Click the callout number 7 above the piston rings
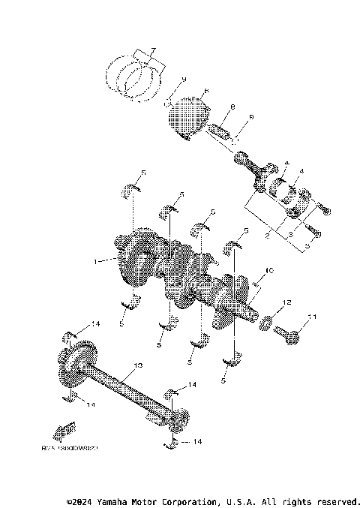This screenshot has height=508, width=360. tap(152, 51)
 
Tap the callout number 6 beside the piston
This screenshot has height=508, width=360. tap(205, 92)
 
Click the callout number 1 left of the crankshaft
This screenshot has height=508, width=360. tap(95, 262)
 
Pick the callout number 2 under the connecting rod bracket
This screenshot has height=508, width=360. tap(268, 236)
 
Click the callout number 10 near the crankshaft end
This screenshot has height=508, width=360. tap(269, 270)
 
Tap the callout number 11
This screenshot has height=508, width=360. tap(314, 317)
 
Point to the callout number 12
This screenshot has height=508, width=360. tap(286, 304)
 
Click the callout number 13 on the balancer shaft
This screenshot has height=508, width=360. tap(136, 367)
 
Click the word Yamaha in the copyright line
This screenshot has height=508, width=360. tap(117, 500)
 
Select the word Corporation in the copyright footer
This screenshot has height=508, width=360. tap(185, 500)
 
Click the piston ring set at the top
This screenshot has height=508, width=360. tap(135, 75)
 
